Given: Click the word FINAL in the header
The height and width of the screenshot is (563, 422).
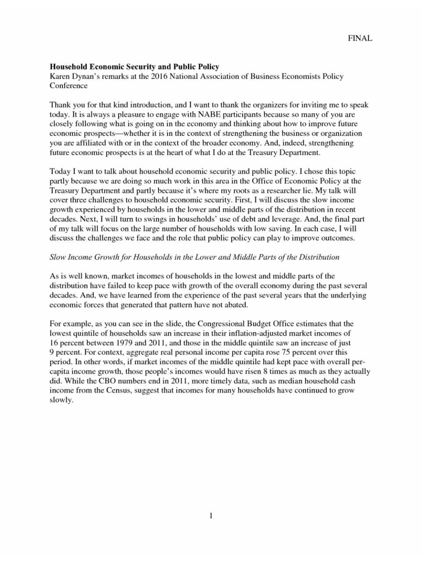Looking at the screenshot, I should (x=360, y=38).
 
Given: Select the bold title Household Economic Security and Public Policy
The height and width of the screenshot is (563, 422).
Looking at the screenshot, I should (x=135, y=67).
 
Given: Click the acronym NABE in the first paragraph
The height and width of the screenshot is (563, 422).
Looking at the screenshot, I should (x=206, y=114).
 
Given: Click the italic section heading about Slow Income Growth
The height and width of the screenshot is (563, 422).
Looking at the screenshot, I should (x=194, y=257).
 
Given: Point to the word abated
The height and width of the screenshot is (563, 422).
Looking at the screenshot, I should (x=237, y=305).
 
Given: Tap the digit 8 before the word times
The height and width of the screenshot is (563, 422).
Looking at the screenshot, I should (x=265, y=372).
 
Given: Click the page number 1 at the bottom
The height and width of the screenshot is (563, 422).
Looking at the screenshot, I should (x=211, y=516).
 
